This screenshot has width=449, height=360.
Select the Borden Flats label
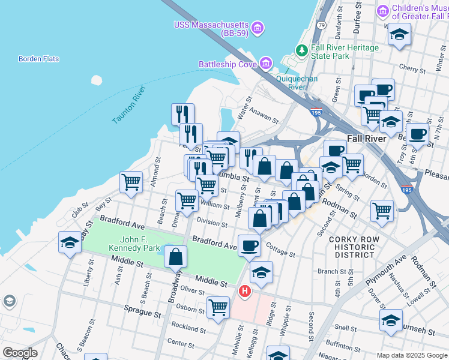38,59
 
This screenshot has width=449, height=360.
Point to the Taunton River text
129,105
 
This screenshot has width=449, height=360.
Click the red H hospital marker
245,292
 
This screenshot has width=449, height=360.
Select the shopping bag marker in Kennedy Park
174,257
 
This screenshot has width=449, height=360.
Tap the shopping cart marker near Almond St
131,182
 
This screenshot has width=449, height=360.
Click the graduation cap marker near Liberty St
70,243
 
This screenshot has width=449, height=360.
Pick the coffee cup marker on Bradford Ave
249,244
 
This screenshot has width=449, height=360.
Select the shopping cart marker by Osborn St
218,307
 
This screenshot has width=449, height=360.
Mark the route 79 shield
322,25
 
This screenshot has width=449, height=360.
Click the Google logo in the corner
20,352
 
